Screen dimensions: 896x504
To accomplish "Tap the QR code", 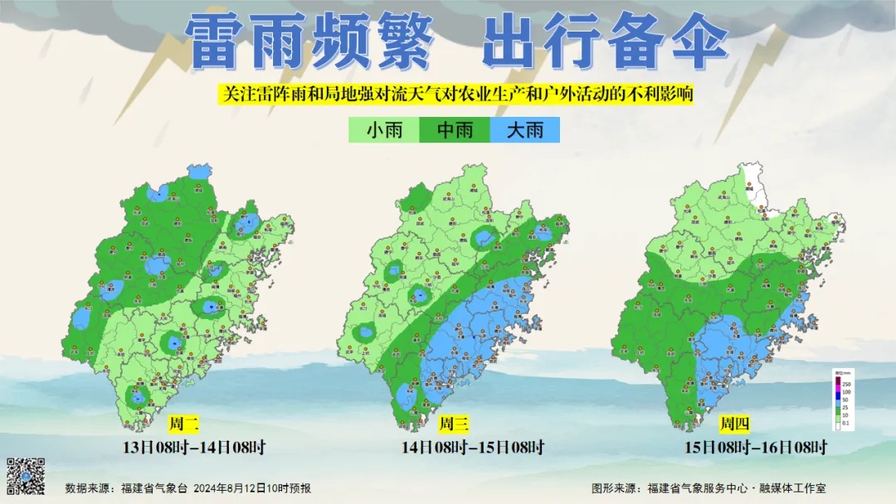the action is coord(26,476).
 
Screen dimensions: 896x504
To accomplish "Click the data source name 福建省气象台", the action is coord(154,488).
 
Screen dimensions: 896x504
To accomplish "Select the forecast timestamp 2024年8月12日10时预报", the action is coord(252,488).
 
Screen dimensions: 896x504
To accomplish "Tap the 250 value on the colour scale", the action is coord(847,385).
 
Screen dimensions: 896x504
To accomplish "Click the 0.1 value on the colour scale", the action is coord(847,424).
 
